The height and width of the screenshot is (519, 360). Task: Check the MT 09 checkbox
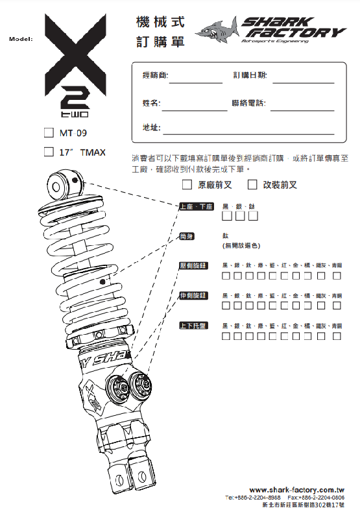pyautogui.click(x=48, y=133)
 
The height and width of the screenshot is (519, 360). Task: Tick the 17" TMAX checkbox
pyautogui.click(x=48, y=152)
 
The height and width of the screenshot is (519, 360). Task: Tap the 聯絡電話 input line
pyautogui.click(x=302, y=108)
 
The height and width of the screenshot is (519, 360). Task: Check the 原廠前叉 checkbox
pyautogui.click(x=187, y=185)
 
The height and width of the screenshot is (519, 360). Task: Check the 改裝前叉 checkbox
pyautogui.click(x=252, y=185)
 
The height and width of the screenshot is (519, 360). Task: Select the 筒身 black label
pyautogui.click(x=187, y=236)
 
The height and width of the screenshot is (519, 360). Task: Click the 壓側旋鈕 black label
pyautogui.click(x=193, y=266)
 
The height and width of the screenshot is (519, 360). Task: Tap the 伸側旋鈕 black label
pyautogui.click(x=193, y=296)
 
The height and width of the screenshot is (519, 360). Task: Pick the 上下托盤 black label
pyautogui.click(x=193, y=325)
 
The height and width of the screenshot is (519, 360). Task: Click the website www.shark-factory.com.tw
pyautogui.click(x=296, y=490)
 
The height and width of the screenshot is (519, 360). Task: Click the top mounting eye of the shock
pyautogui.click(x=58, y=186)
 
